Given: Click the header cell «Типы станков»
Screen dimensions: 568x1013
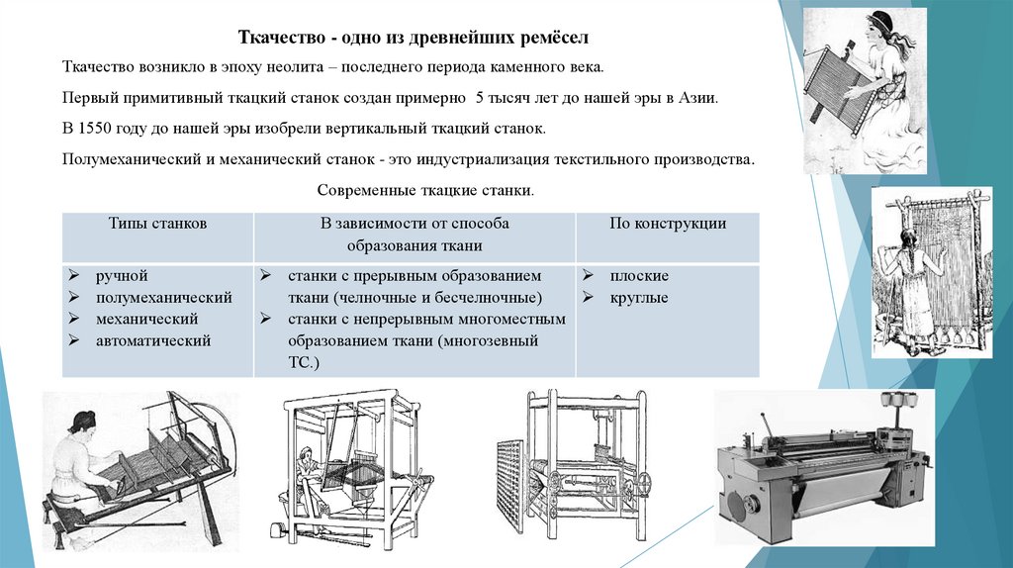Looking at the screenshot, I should (157, 224).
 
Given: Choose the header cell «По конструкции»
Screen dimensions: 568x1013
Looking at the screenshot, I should (667, 224).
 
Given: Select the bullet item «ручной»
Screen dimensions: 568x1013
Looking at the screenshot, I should (122, 276).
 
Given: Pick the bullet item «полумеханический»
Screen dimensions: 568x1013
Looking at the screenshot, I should (163, 297).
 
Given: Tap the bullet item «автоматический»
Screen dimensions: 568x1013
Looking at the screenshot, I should (153, 340).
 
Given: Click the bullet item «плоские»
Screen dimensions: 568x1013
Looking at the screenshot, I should (638, 276).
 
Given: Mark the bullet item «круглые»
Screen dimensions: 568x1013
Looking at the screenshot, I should (638, 297).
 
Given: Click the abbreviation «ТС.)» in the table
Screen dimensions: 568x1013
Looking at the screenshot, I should (304, 363).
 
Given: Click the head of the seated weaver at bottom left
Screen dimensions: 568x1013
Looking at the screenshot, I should (82, 422).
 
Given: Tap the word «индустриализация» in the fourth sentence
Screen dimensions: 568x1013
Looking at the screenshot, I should (494, 159).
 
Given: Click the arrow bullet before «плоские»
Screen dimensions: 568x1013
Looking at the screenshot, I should (588, 276).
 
